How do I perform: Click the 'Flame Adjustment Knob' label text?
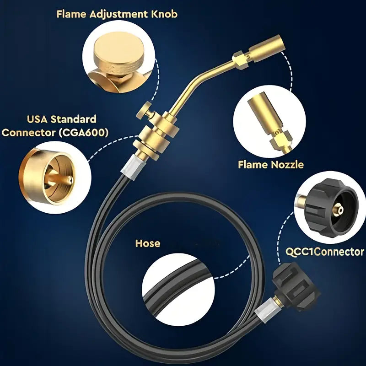tap(117, 14)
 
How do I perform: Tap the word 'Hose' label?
tap(148, 243)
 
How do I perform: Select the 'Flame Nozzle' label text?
tap(271, 165)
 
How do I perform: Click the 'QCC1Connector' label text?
tap(325, 252)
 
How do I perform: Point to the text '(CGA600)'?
tap(83, 133)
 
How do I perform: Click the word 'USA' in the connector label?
tap(37, 119)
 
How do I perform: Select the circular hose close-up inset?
tap(178, 290)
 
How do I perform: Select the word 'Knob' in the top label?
tap(164, 14)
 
